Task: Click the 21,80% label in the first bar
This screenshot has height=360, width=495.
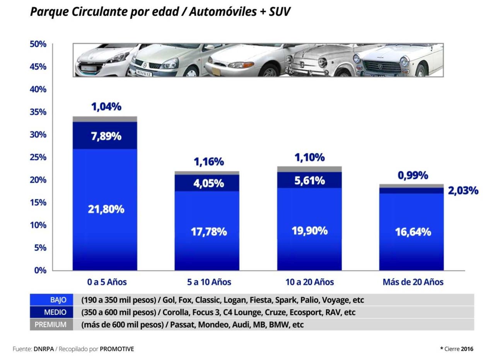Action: pos(106,209)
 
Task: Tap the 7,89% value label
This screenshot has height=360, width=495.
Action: pos(106,136)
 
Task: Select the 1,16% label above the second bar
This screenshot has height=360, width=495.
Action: pos(209,161)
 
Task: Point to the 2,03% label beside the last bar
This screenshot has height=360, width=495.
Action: pos(463,190)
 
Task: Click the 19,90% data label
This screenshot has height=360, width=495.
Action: pos(309,231)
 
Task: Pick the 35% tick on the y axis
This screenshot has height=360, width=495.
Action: pos(38,112)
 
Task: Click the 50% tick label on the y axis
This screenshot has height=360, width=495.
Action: pos(38,44)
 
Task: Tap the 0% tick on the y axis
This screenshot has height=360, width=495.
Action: pos(39,270)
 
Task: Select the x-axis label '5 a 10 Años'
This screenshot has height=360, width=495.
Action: pos(209,282)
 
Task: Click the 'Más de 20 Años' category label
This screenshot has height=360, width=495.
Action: pos(413,282)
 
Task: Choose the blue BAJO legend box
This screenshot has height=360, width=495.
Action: pos(51,300)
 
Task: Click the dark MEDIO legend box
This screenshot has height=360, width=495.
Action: pos(51,312)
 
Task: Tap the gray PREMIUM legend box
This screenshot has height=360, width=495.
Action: pos(51,324)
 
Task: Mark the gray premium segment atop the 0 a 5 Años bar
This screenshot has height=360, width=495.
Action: pos(105,119)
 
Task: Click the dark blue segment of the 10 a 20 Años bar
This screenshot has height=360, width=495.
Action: pos(309,180)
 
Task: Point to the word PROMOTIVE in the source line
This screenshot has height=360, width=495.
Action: pos(117,349)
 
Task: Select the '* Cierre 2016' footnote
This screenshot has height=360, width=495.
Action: pos(456,349)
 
